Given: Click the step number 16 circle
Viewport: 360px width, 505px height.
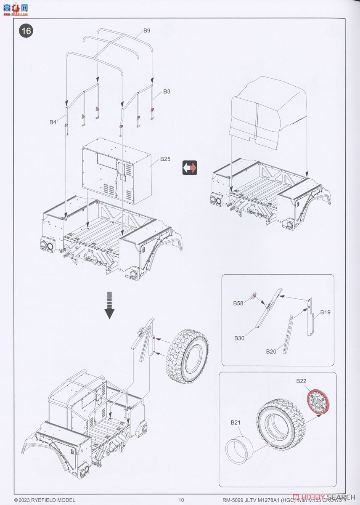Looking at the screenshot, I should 26,31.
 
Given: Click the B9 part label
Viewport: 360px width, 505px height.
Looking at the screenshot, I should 147,30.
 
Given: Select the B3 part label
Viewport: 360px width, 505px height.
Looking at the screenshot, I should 167,91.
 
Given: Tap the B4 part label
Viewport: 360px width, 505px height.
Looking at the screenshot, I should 53,122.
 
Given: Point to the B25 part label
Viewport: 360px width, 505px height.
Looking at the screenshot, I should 165,159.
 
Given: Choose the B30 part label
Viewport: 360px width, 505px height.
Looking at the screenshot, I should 240,338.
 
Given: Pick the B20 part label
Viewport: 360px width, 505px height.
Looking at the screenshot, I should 271,351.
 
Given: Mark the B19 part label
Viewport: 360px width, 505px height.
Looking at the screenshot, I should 325,312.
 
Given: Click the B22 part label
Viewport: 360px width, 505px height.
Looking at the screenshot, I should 301,381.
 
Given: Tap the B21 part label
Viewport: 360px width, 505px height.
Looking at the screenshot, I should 235,422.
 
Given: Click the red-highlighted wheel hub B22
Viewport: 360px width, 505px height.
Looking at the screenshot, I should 317,402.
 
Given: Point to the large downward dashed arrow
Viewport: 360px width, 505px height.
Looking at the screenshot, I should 110,305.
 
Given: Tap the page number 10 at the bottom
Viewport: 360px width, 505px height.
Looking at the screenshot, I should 181,500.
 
